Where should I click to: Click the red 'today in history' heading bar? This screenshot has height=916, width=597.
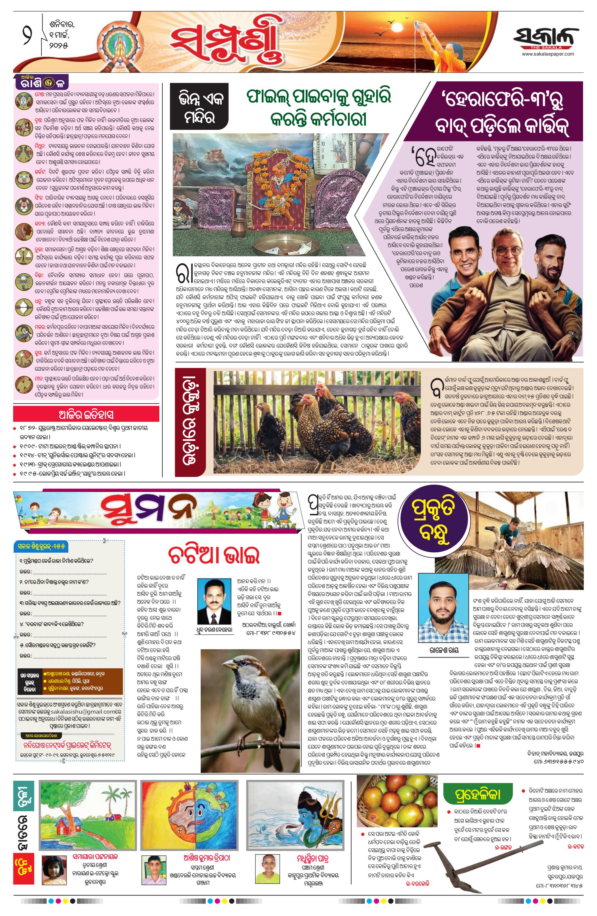click(86, 414)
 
